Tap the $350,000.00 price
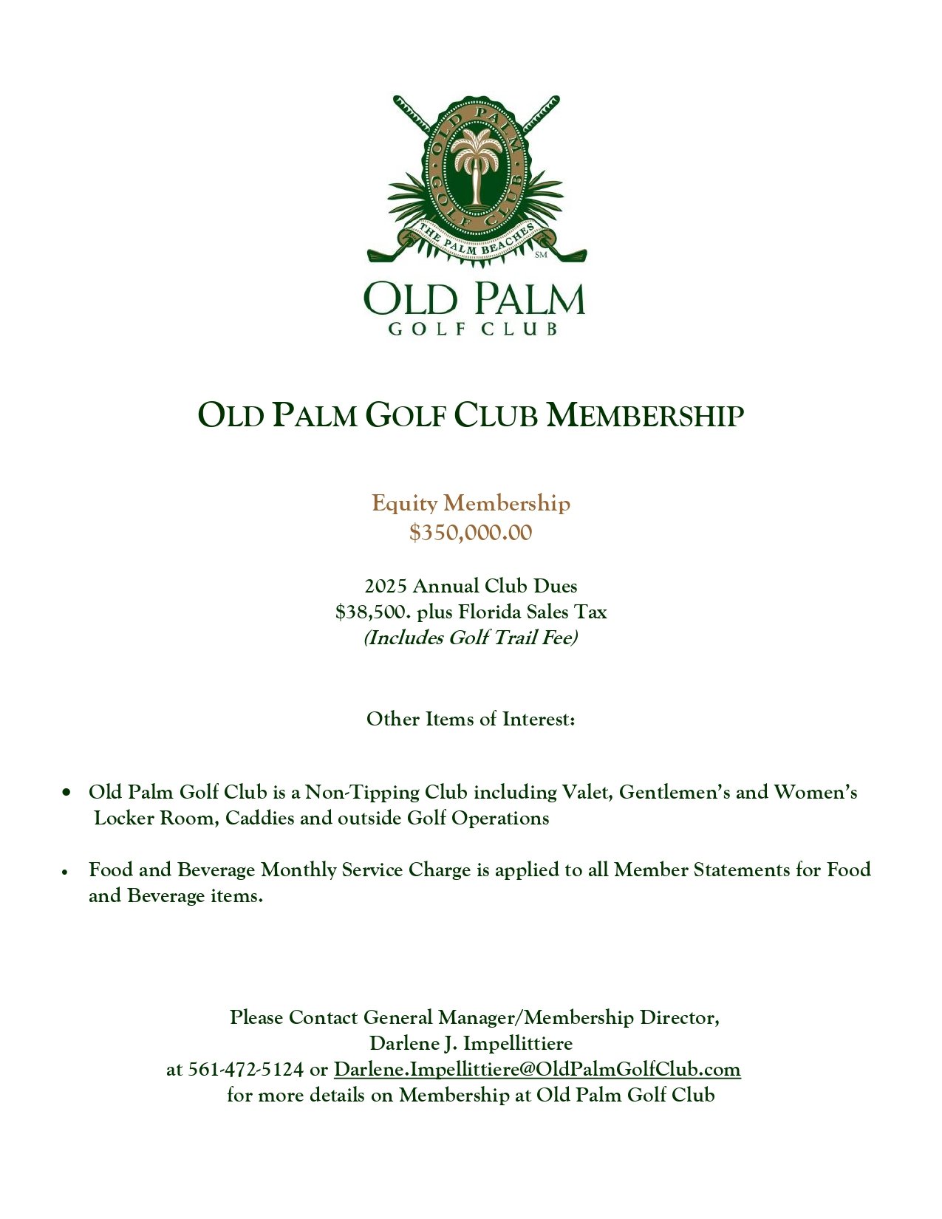(x=471, y=533)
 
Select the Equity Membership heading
(x=471, y=504)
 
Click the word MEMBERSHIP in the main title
(x=644, y=416)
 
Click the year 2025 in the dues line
(x=385, y=587)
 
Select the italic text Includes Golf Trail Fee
(x=471, y=638)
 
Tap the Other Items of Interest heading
(x=471, y=720)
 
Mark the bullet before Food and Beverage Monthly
(x=66, y=872)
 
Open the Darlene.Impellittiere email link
(x=537, y=1070)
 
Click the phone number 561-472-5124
(x=245, y=1070)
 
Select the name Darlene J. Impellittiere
(x=471, y=1044)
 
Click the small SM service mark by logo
(x=541, y=256)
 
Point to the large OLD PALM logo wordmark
(x=474, y=299)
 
